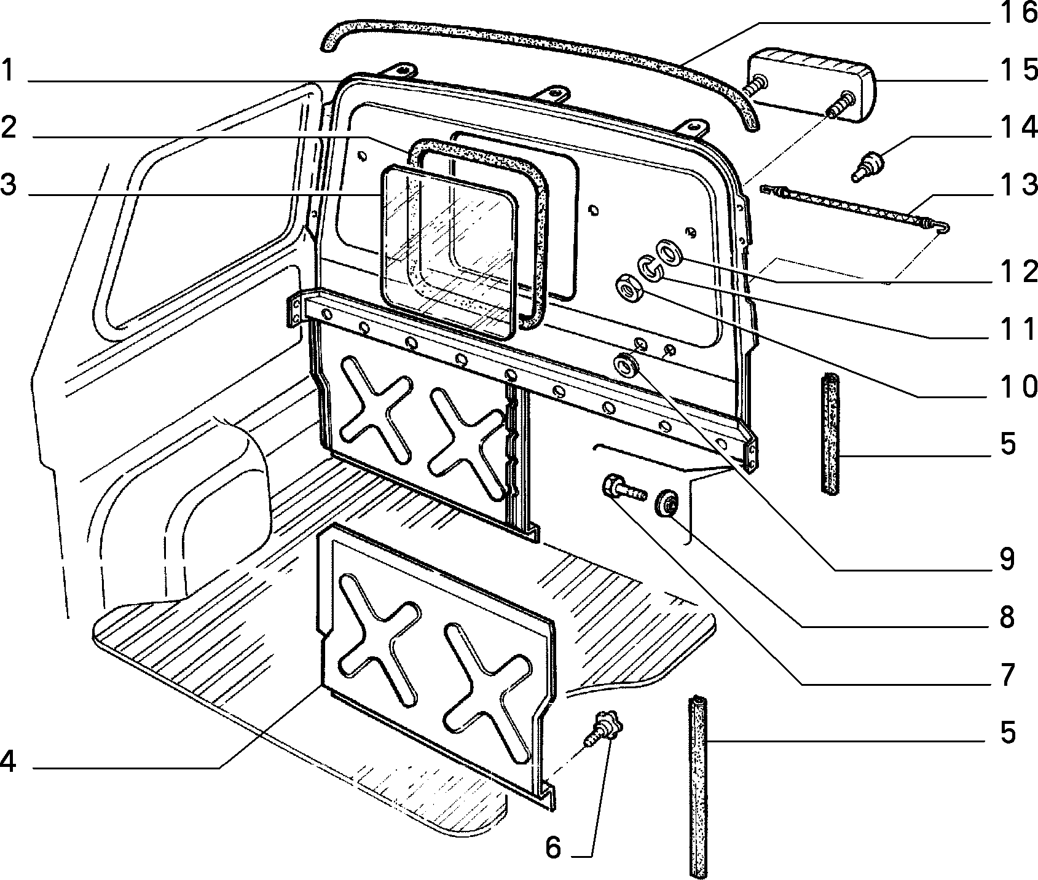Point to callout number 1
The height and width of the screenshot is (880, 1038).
tap(7, 69)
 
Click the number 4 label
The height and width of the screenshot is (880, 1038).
tap(8, 763)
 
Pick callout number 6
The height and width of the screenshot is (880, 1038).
tap(553, 849)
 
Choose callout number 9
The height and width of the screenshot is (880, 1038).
tap(1007, 560)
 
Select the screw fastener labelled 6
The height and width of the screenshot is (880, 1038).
tap(604, 728)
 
